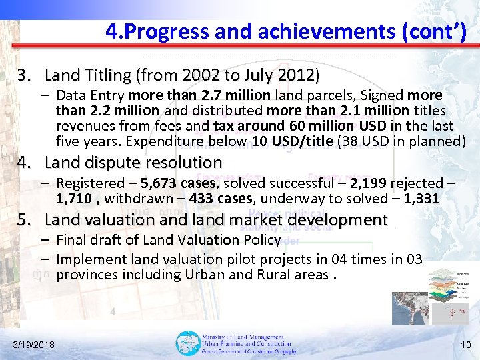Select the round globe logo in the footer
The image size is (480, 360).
tap(187, 343)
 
